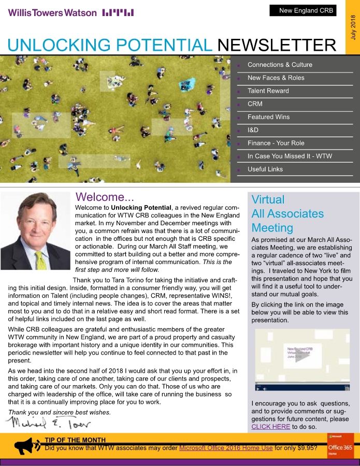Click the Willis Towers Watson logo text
(x=52, y=12)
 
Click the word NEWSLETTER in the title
(x=277, y=46)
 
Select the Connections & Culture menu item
(x=280, y=65)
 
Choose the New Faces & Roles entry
(x=276, y=78)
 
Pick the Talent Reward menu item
(x=268, y=91)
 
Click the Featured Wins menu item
(x=268, y=117)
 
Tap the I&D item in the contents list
(x=253, y=130)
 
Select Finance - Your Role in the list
(x=276, y=143)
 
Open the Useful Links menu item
(x=265, y=169)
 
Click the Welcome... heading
(x=105, y=197)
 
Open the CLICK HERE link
(x=270, y=427)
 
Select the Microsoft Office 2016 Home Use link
(x=225, y=448)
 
